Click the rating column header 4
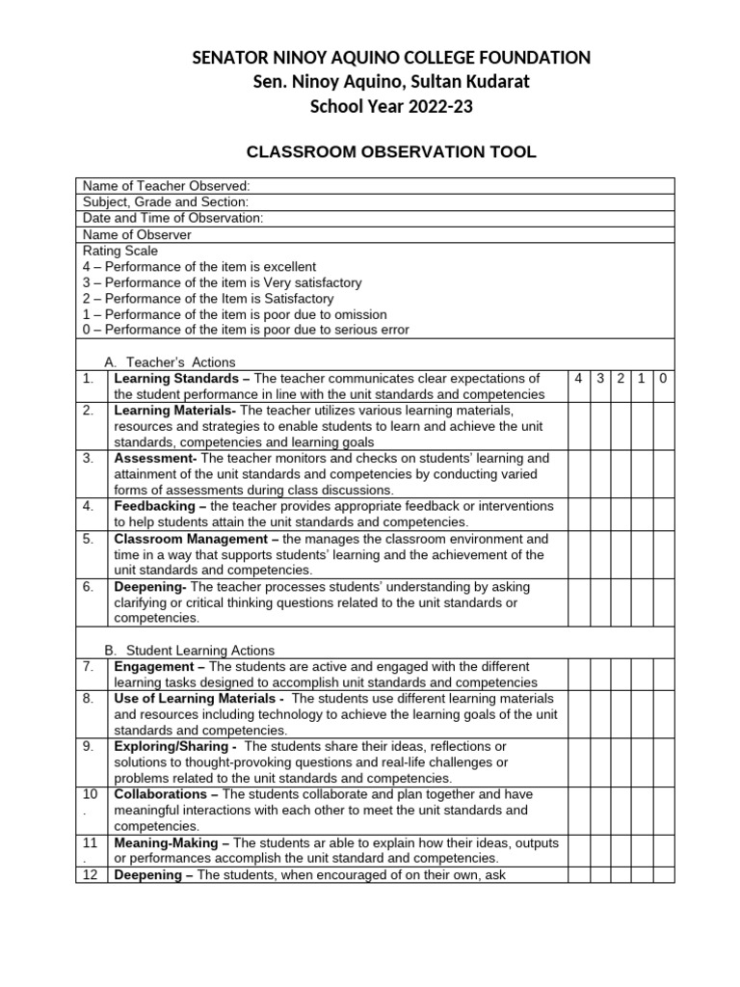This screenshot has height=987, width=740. pyautogui.click(x=578, y=379)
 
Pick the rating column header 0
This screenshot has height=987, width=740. pyautogui.click(x=664, y=379)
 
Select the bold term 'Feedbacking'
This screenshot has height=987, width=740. pyautogui.click(x=153, y=506)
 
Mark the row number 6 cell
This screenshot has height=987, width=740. pyautogui.click(x=89, y=587)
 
